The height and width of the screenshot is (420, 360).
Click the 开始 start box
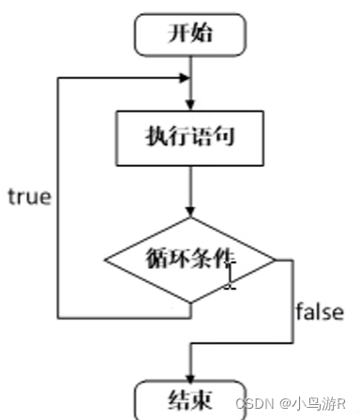click(x=190, y=35)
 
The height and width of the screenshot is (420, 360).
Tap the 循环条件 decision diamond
click(x=190, y=260)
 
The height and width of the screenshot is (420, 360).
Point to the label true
click(x=29, y=197)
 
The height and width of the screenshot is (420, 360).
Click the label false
click(x=319, y=310)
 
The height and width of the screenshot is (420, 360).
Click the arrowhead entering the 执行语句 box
click(x=190, y=106)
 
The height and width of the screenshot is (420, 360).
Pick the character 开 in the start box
click(x=177, y=35)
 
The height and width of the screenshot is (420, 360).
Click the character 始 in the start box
click(x=203, y=35)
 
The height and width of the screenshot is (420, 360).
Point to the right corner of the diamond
click(x=276, y=261)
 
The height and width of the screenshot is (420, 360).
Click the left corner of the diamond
click(x=105, y=261)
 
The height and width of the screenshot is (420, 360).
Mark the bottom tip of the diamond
click(x=190, y=304)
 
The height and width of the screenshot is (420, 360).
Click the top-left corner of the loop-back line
click(x=59, y=78)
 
